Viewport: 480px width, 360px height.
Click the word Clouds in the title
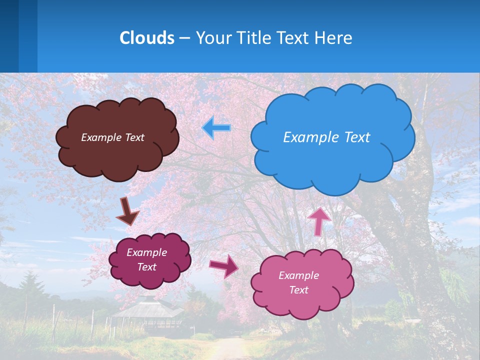(x=147, y=38)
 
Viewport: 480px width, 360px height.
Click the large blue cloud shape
(x=332, y=160)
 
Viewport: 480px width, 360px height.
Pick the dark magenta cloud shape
(x=149, y=277)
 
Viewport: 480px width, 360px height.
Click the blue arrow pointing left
(x=216, y=128)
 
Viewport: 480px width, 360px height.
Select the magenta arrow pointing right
(x=223, y=266)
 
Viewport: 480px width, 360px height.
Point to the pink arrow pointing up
(x=319, y=220)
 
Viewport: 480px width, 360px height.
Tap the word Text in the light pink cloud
(x=298, y=290)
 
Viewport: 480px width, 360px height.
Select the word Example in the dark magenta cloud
(x=146, y=252)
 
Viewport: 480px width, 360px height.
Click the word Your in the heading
(x=212, y=38)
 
